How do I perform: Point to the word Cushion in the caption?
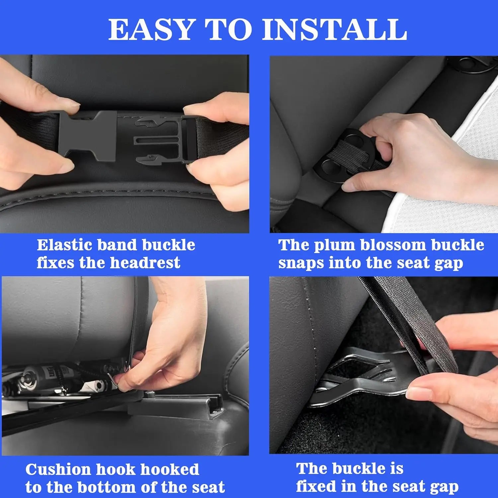[x=58, y=469]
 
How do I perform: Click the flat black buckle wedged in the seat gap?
[x=359, y=378]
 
